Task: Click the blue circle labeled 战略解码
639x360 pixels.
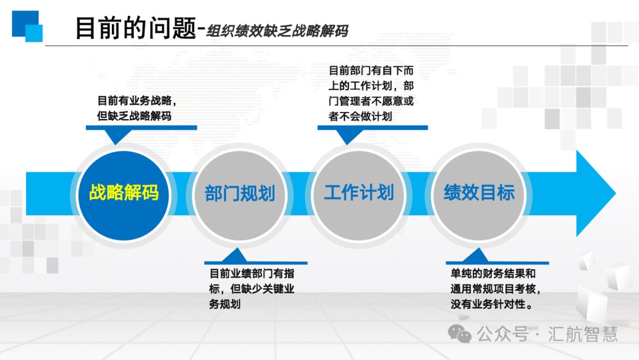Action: (124, 195)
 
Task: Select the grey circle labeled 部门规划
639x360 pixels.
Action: (240, 195)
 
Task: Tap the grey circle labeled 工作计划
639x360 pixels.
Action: (359, 195)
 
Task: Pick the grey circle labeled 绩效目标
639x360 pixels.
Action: (479, 195)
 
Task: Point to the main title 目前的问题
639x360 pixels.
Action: (135, 28)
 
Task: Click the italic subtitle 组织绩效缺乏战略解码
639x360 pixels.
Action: (277, 31)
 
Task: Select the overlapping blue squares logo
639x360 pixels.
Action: (27, 26)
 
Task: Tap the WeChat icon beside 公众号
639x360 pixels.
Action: (459, 334)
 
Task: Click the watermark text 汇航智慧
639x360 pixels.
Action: (583, 334)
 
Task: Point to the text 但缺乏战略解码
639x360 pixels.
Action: (134, 116)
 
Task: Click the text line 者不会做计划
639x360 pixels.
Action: (360, 117)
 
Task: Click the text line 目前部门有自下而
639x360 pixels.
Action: (371, 70)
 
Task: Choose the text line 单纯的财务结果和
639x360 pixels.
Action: (493, 273)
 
